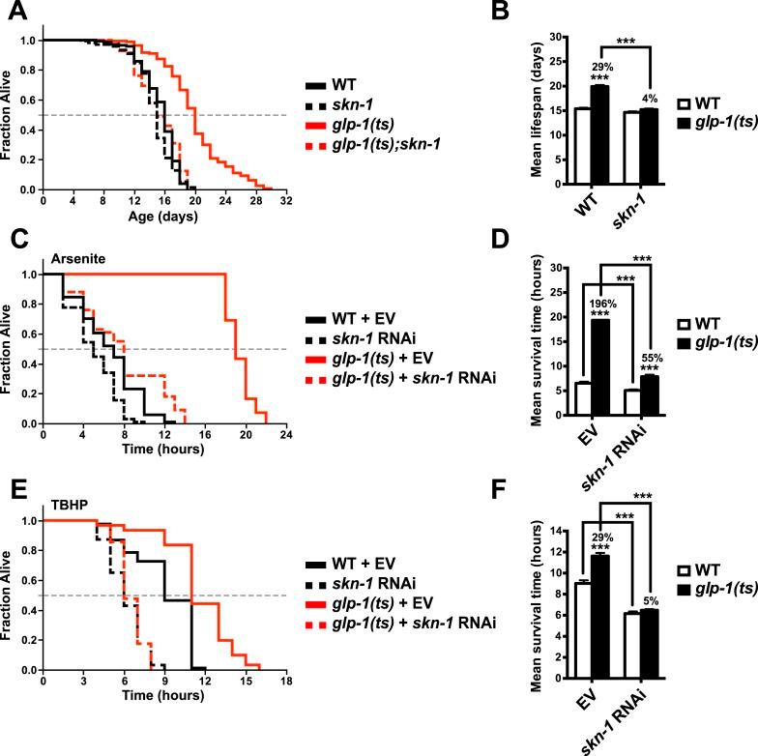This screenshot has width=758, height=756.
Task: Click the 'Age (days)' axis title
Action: coord(164,218)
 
